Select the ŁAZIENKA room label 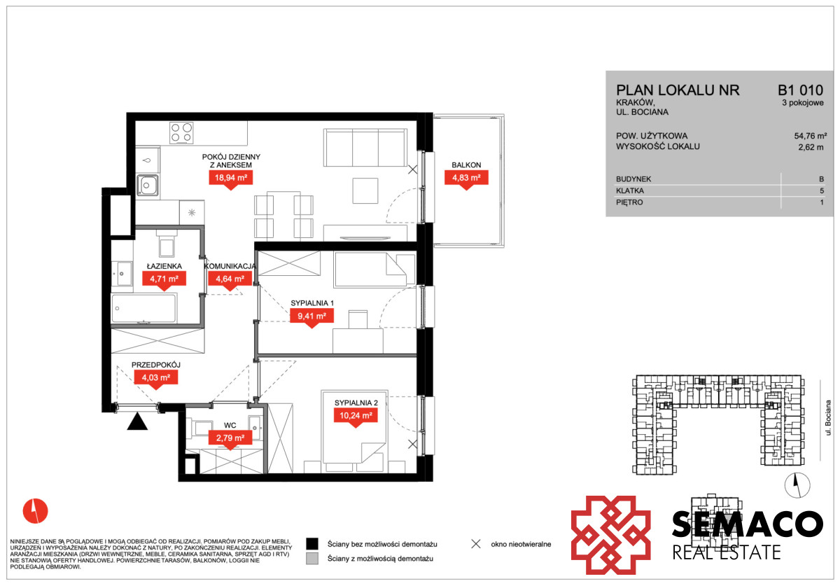(164, 266)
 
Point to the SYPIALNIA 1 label (312, 302)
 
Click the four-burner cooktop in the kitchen (181, 133)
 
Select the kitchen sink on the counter (148, 185)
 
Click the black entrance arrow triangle (137, 421)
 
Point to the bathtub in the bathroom (143, 309)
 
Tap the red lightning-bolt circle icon (35, 510)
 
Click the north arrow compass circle (797, 485)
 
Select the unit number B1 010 (800, 90)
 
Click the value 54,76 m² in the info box (811, 136)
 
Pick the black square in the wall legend (312, 543)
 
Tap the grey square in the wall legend (312, 558)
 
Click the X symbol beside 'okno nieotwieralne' (476, 543)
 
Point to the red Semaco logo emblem (610, 535)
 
